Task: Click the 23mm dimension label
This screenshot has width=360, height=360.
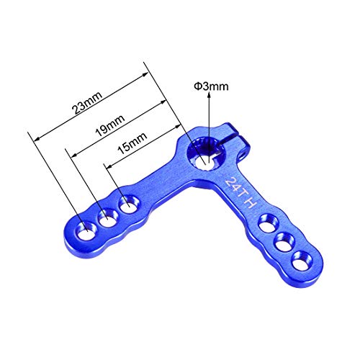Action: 88,103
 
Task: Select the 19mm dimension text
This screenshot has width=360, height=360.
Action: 110,125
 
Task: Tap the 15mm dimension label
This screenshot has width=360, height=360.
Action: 132,143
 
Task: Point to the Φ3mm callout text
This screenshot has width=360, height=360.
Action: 211,86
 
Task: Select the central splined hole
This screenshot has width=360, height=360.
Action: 205,156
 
